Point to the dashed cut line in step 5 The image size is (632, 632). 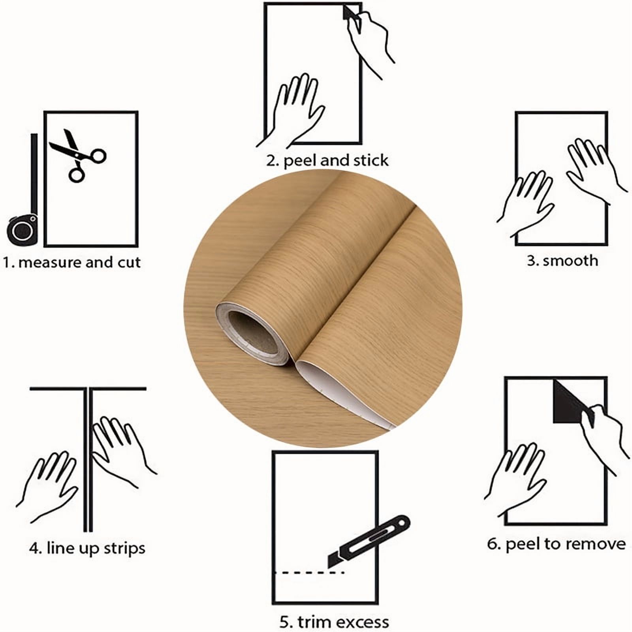[310, 572]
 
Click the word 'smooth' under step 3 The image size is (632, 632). [570, 261]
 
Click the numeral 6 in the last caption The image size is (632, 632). [493, 544]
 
